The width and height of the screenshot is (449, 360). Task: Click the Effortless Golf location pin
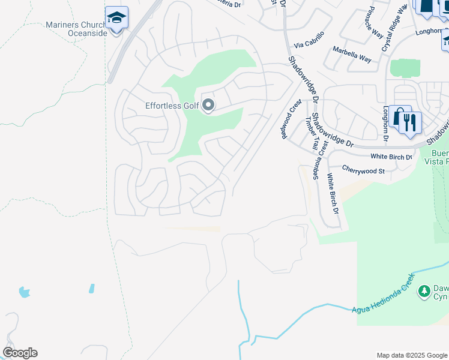(x=208, y=106)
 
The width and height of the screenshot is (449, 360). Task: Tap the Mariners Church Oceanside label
(x=76, y=29)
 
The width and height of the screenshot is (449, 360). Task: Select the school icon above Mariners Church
(x=116, y=18)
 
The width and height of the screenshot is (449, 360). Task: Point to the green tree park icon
(x=424, y=290)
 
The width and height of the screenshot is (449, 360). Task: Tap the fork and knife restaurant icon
(x=410, y=122)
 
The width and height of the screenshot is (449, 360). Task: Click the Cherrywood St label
(x=363, y=170)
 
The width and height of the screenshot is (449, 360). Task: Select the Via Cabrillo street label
(x=309, y=40)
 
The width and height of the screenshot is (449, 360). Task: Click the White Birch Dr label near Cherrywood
(x=391, y=157)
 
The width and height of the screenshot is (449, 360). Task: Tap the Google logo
(x=20, y=353)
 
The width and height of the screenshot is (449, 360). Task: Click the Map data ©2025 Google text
(x=411, y=355)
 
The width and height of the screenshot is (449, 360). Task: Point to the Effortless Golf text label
(x=172, y=106)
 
